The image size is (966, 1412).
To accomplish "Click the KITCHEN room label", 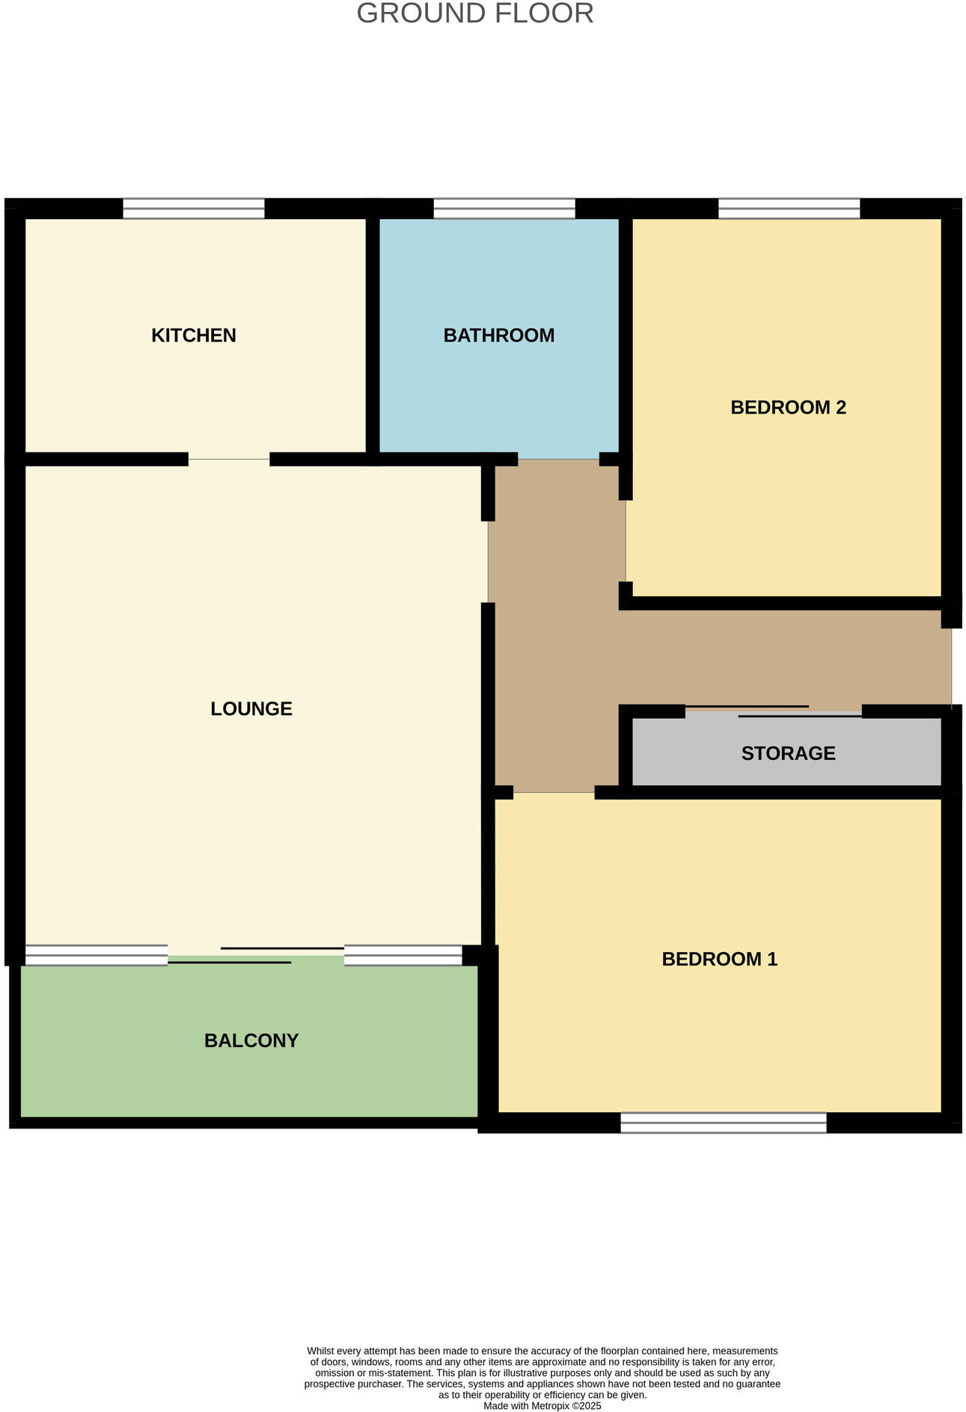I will coord(194,335).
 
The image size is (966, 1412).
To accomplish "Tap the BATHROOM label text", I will coord(499,335).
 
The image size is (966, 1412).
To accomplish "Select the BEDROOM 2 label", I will coord(788,408).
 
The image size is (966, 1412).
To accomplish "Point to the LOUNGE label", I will coord(251,708).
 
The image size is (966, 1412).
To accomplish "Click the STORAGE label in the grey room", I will coord(788,753).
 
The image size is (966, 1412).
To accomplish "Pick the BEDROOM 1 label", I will coord(719,959).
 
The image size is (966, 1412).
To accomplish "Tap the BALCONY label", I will coord(251,1040).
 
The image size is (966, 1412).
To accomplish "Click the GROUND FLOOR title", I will coord(475,13).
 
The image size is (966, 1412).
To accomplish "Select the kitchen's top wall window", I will coord(194,209).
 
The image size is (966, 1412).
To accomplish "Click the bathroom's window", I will coord(504,209).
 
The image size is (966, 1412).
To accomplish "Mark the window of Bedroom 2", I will coord(789,209).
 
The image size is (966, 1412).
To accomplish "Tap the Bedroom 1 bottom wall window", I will coord(724,1123).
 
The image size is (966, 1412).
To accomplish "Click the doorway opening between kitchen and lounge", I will coord(229,459).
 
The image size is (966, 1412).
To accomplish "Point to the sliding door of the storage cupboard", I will coord(774,711).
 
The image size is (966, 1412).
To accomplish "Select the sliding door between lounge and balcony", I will coord(256,955).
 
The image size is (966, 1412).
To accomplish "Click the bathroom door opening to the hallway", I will coord(558,459).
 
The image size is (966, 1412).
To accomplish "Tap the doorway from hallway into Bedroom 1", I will coord(554,793).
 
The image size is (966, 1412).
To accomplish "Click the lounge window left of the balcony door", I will coord(97,955).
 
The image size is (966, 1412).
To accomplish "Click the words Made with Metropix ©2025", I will coord(542,1406).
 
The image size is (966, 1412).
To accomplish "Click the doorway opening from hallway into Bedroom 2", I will coord(626,541).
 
